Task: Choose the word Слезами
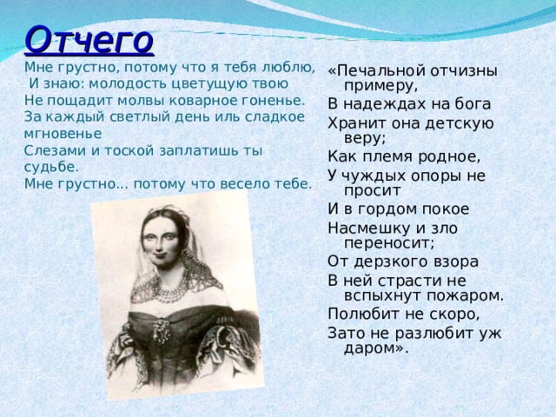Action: (51, 149)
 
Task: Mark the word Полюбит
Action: (363, 313)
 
